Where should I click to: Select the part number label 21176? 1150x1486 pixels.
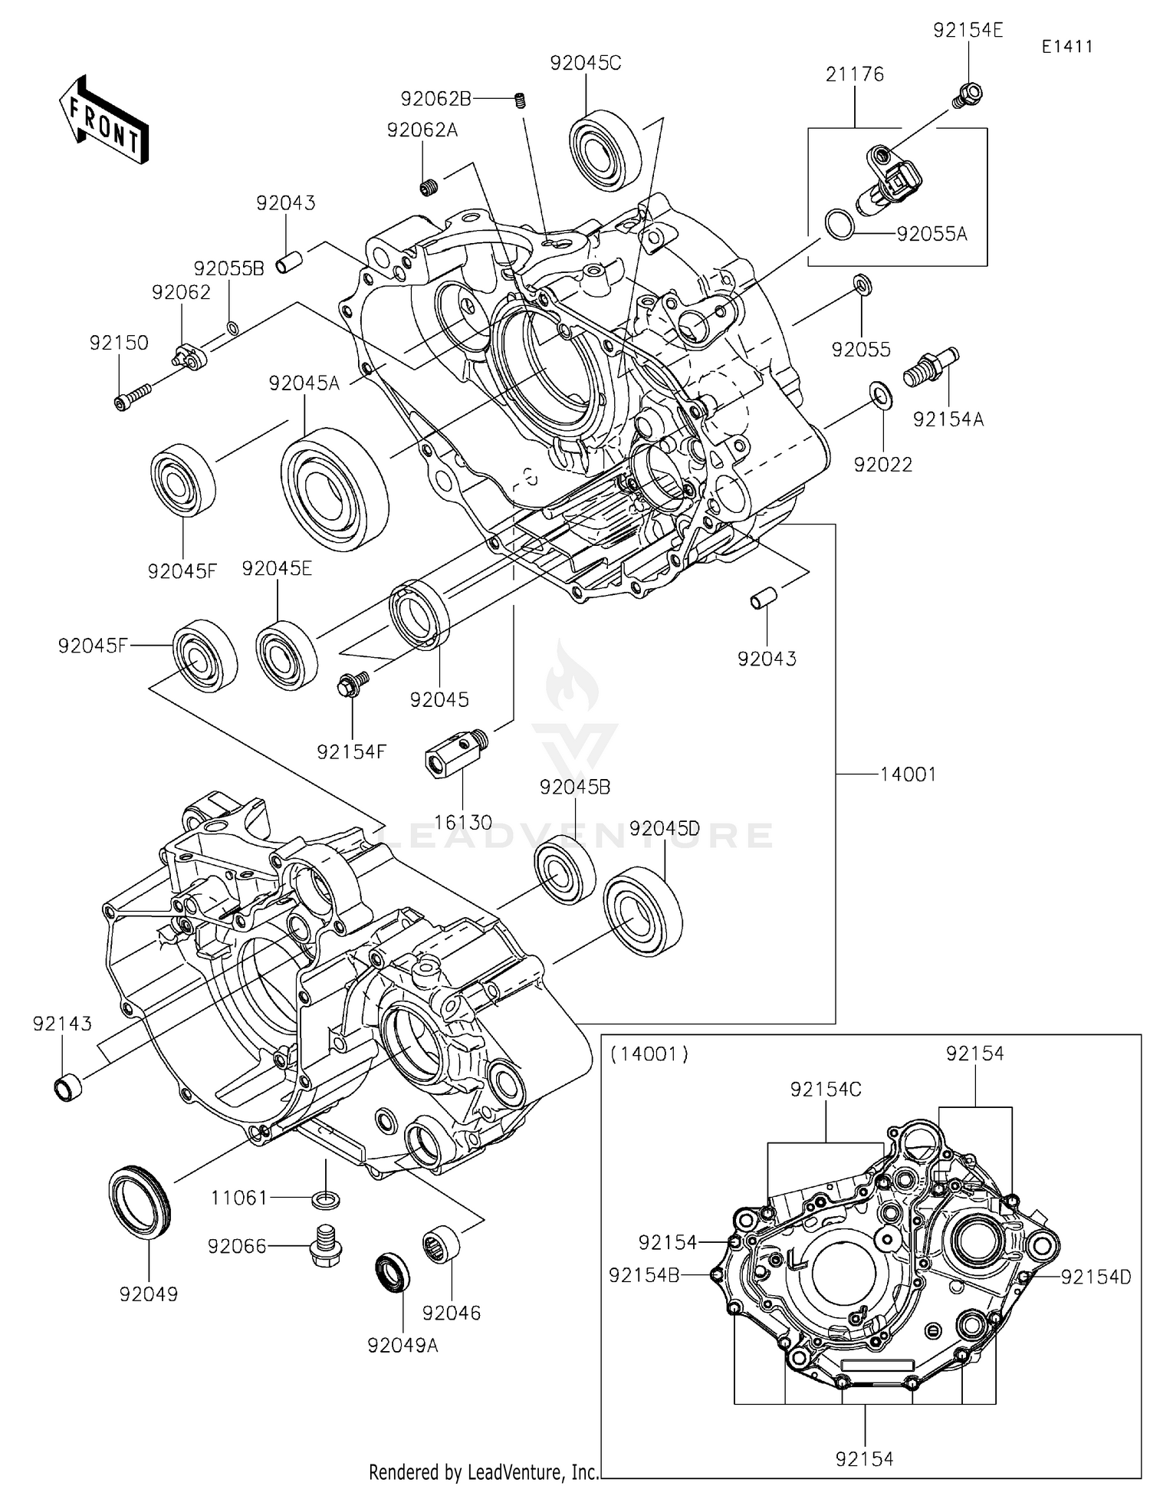pos(855,74)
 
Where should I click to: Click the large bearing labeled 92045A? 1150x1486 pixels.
pos(334,488)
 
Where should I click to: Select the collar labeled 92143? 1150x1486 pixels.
pos(68,1087)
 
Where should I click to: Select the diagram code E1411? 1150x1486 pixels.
pos(1066,47)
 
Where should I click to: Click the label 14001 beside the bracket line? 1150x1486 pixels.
pos(908,774)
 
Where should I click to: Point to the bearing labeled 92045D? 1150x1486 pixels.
pos(642,911)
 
